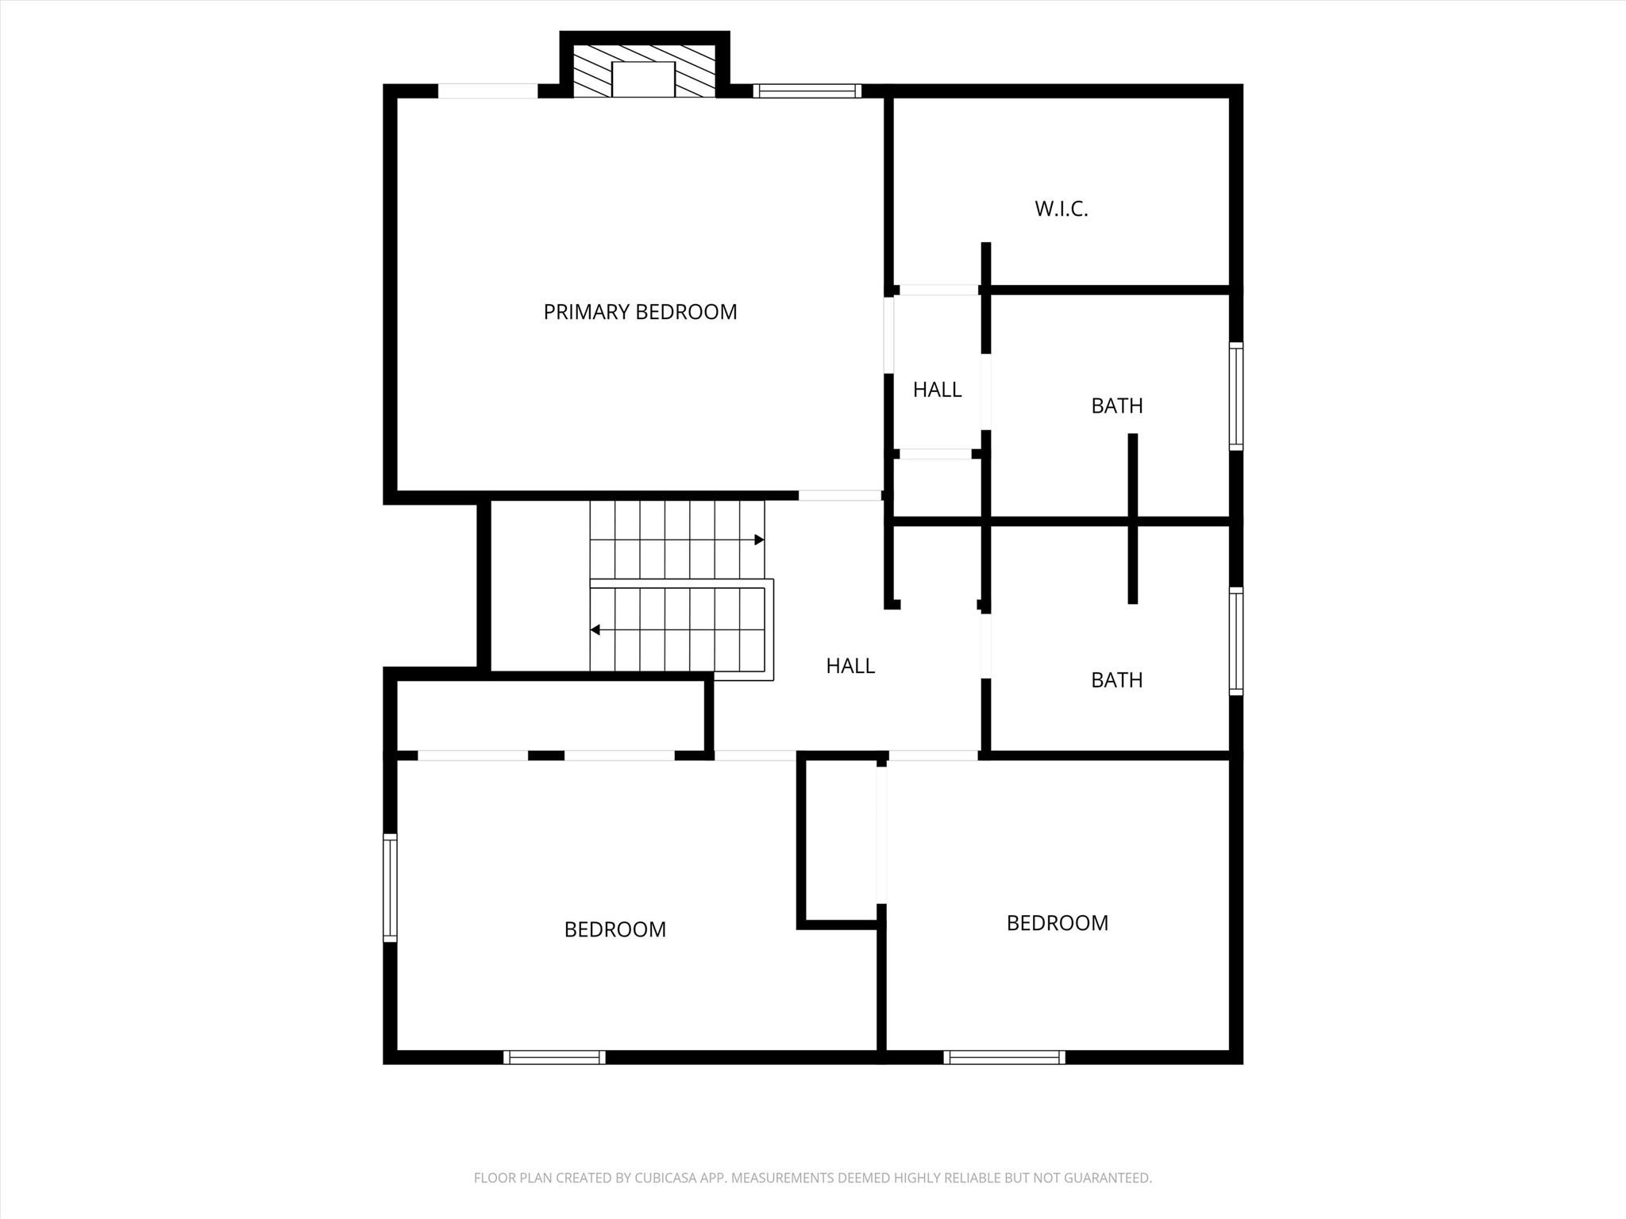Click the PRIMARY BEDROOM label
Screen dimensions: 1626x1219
[640, 312]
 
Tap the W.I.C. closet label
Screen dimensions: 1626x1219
[1062, 209]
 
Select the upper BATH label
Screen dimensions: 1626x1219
[1117, 406]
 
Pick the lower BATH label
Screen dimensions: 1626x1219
[1117, 680]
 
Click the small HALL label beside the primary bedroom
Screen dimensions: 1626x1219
[937, 390]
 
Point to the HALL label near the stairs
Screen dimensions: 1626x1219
[850, 666]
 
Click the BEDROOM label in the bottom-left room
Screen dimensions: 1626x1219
[615, 929]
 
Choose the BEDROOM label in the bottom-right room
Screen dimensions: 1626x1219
[1058, 923]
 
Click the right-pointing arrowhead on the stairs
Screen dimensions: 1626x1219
[759, 540]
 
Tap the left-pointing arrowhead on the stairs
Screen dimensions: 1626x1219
[595, 630]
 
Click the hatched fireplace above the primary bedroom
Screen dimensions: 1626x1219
[644, 71]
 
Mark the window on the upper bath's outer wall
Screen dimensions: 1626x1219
[1236, 396]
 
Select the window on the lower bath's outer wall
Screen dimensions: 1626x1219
[1236, 641]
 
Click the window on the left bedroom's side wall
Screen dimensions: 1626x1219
[390, 888]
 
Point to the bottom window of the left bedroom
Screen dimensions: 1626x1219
[554, 1057]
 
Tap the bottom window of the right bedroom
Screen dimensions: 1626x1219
[1004, 1057]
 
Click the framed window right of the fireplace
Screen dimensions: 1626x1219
[807, 90]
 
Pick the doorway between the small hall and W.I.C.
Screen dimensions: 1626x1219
[938, 290]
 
